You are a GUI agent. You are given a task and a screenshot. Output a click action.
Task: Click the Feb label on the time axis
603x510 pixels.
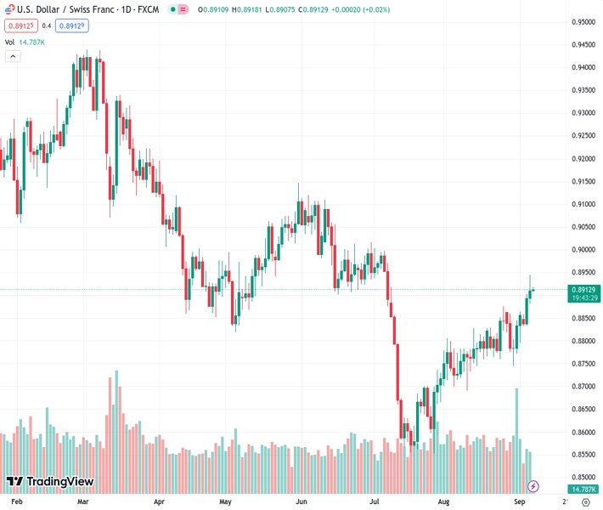click(x=17, y=502)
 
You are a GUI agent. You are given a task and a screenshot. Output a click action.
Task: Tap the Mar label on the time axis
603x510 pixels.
click(x=83, y=502)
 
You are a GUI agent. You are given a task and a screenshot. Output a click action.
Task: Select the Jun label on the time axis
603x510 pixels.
click(x=301, y=502)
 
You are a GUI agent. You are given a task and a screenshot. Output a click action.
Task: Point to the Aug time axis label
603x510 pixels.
click(x=443, y=502)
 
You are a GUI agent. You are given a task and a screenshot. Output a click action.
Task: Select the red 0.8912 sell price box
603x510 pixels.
click(x=20, y=25)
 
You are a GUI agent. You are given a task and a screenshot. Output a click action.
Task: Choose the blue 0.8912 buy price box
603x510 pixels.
click(x=72, y=25)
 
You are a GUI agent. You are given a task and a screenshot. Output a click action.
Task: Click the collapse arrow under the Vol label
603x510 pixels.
click(x=13, y=56)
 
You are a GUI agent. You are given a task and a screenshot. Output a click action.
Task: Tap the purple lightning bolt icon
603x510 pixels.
click(x=533, y=486)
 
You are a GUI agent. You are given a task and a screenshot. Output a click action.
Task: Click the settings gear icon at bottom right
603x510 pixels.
click(x=586, y=502)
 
